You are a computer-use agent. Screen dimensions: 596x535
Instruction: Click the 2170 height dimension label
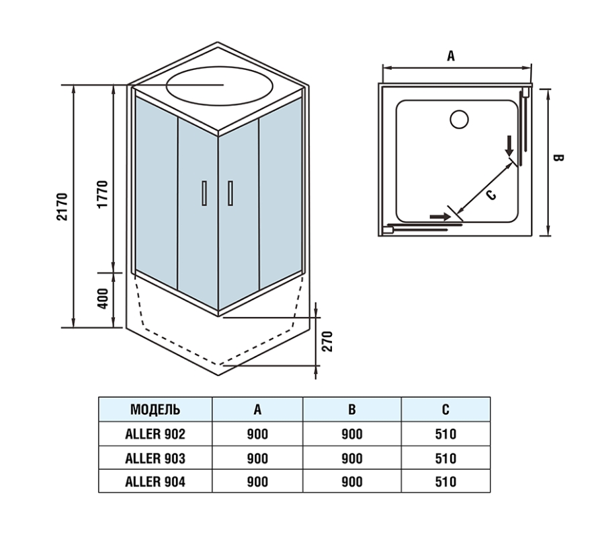(x=62, y=207)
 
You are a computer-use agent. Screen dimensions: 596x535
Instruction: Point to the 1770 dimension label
(x=103, y=194)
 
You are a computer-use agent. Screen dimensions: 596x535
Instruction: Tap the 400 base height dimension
(x=103, y=299)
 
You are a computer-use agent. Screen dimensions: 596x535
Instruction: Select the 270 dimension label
(x=327, y=341)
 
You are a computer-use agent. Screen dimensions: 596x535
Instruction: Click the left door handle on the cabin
(x=204, y=193)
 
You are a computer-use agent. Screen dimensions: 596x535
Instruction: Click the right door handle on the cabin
(x=230, y=193)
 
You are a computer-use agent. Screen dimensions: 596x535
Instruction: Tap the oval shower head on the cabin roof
(x=220, y=86)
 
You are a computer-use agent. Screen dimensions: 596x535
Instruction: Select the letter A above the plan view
(x=451, y=56)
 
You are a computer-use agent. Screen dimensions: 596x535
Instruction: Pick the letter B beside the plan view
(x=558, y=157)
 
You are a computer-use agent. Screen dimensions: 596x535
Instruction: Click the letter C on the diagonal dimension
(x=491, y=195)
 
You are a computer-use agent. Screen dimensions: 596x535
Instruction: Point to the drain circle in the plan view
(x=459, y=119)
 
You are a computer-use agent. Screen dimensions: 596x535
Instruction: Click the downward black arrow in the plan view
(x=509, y=145)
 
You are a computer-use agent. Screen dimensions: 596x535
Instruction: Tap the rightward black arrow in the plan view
(x=440, y=217)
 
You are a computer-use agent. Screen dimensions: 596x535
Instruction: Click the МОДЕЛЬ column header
(x=155, y=410)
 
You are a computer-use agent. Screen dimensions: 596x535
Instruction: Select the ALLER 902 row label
(x=155, y=434)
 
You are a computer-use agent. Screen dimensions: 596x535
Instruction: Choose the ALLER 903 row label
(x=155, y=458)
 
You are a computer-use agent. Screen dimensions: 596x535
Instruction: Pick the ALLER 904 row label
(x=155, y=482)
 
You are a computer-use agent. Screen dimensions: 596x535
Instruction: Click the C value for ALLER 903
(x=445, y=458)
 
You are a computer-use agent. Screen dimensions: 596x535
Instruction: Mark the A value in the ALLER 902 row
(x=257, y=434)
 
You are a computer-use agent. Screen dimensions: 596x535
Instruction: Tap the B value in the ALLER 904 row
(x=352, y=482)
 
